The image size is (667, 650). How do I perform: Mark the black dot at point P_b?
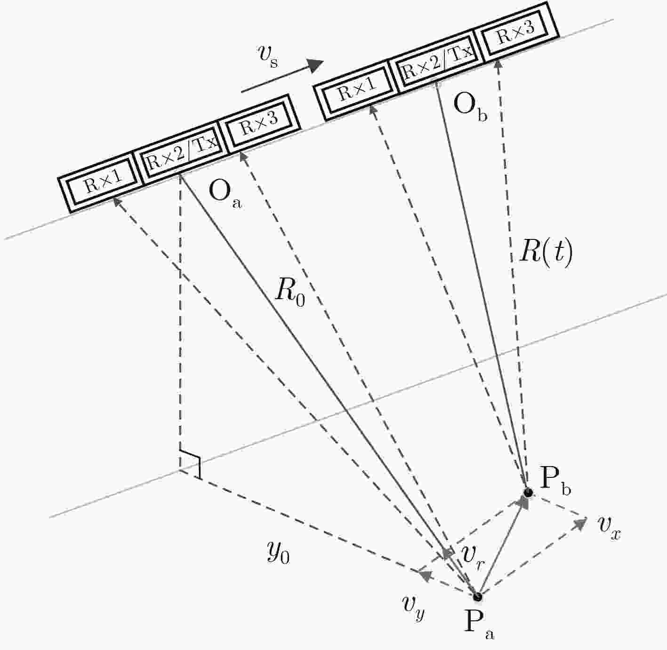pyautogui.click(x=528, y=492)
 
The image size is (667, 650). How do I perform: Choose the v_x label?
pyautogui.click(x=610, y=527)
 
